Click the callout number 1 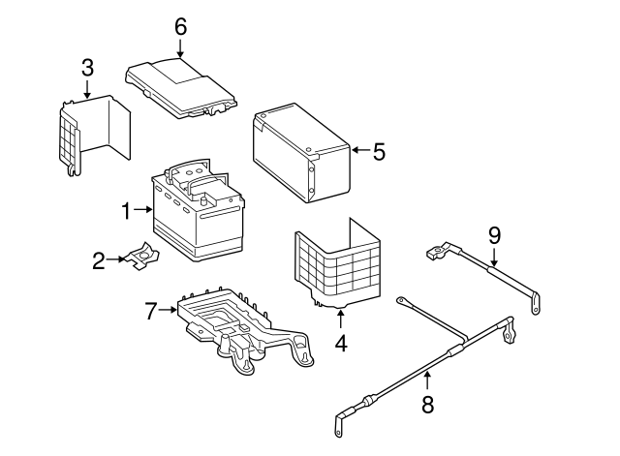[124, 209]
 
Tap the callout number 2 [98, 259]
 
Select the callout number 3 [87, 67]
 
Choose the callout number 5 [379, 151]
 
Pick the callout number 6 [180, 26]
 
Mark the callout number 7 [150, 311]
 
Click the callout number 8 [427, 404]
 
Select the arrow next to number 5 [359, 150]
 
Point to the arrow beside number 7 [170, 311]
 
